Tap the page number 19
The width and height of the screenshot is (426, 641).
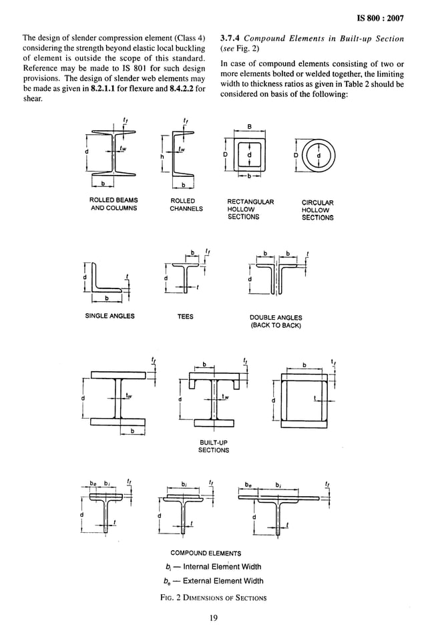pos(213,618)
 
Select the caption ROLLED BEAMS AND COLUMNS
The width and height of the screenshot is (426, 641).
pos(114,204)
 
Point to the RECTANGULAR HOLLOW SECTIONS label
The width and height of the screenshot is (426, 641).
pos(250,209)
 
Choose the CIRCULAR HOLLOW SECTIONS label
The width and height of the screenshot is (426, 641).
pos(317,210)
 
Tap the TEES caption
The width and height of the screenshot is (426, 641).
pos(185,316)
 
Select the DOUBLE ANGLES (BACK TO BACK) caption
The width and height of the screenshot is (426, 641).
pos(275,321)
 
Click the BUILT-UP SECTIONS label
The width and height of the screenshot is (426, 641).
pos(213,446)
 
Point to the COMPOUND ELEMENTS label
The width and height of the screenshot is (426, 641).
pos(206,553)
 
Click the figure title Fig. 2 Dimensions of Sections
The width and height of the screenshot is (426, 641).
pos(213,597)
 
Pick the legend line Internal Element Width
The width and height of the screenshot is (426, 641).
pos(214,567)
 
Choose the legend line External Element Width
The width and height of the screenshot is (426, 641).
pos(214,581)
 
